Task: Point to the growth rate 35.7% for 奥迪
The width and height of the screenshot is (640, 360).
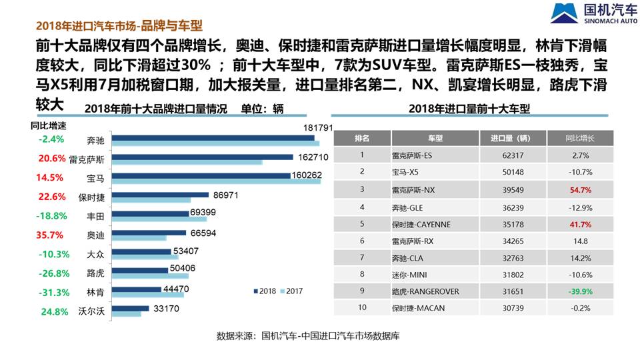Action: coord(51,235)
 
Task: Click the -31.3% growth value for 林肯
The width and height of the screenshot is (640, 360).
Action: coord(51,292)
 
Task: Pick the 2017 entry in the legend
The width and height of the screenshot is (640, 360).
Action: coord(291,291)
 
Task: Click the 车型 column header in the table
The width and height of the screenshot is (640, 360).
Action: coord(435,138)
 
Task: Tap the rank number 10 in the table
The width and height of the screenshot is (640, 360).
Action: coord(362,308)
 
